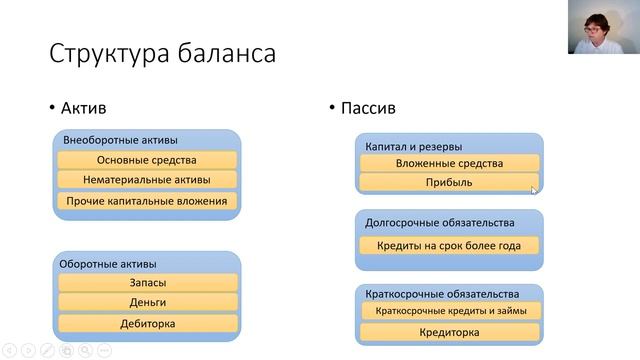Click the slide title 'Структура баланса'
[x=163, y=52]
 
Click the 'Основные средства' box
[x=147, y=160]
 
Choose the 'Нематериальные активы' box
[x=147, y=180]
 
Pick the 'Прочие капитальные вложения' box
[x=147, y=201]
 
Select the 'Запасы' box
[x=147, y=283]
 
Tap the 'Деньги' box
[x=147, y=302]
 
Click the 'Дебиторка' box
[x=147, y=323]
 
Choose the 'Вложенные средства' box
[x=449, y=163]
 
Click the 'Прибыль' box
[x=449, y=183]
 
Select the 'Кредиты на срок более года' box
[x=449, y=245]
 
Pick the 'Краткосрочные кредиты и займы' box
[x=449, y=311]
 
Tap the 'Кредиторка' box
[x=449, y=332]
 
